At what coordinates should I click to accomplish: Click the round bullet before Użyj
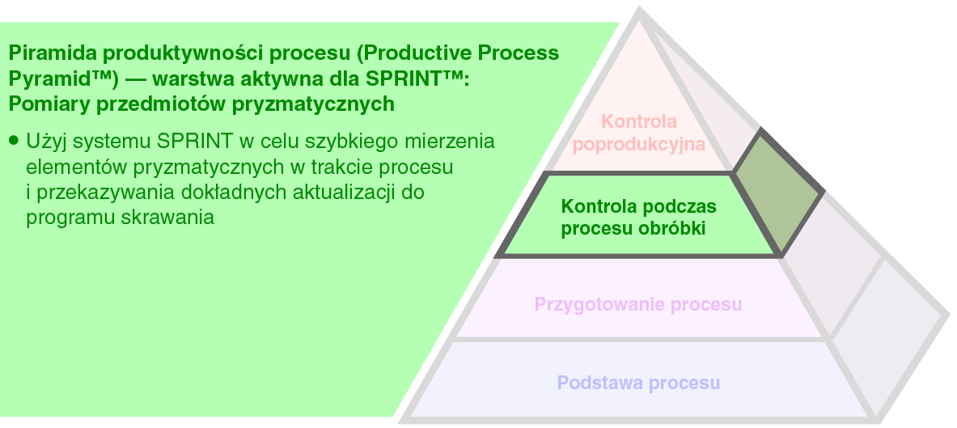15,141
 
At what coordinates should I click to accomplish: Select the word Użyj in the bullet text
46,142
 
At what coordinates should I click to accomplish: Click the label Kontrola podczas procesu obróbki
638,217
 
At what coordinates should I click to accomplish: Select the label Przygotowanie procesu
637,304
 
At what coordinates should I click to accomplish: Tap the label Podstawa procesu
638,382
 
